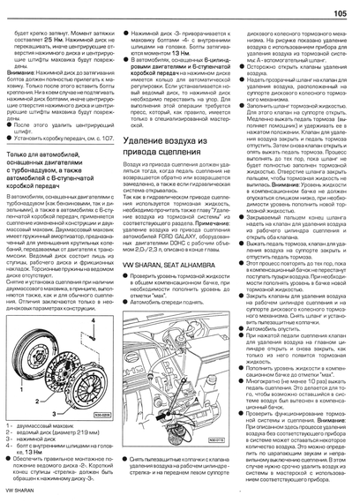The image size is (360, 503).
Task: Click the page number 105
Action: click(x=338, y=12)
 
